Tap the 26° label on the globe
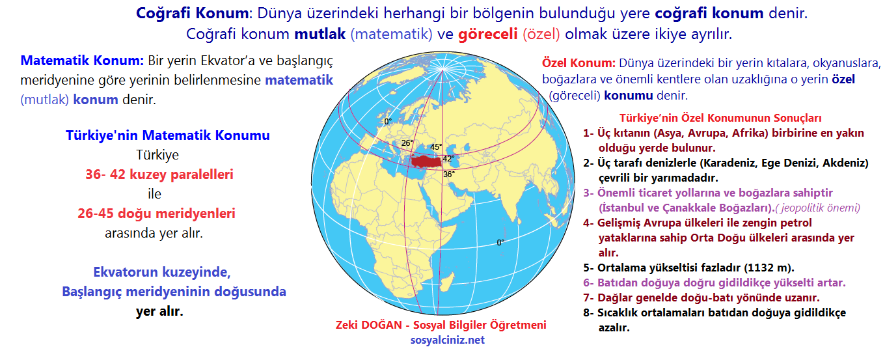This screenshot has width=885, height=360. coord(407,143)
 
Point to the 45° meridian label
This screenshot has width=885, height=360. coord(436,147)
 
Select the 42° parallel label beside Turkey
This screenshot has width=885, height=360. coord(448,159)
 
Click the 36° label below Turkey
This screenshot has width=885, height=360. coord(449,174)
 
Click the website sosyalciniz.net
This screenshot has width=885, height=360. coord(447,339)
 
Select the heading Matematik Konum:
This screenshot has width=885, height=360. coord(83,61)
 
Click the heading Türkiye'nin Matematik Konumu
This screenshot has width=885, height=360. coord(168,136)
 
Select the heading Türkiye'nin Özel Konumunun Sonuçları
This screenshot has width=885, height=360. coord(720,118)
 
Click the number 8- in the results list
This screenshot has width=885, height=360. coord(589,313)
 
